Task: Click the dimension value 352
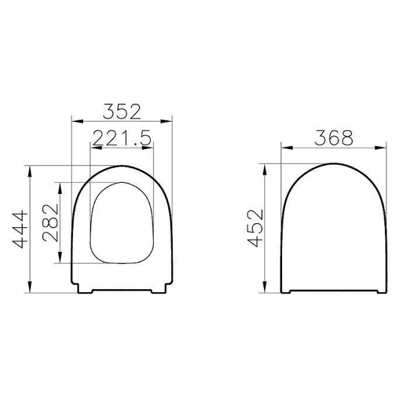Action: (x=122, y=110)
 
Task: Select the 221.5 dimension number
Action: (x=122, y=137)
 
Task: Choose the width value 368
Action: (x=333, y=137)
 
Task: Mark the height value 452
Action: (x=255, y=228)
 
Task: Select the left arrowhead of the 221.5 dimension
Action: (x=93, y=148)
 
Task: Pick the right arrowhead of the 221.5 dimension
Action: (x=151, y=148)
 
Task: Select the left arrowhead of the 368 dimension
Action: (x=284, y=148)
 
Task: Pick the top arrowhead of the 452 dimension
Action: (x=265, y=167)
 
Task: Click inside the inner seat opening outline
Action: (x=122, y=222)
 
